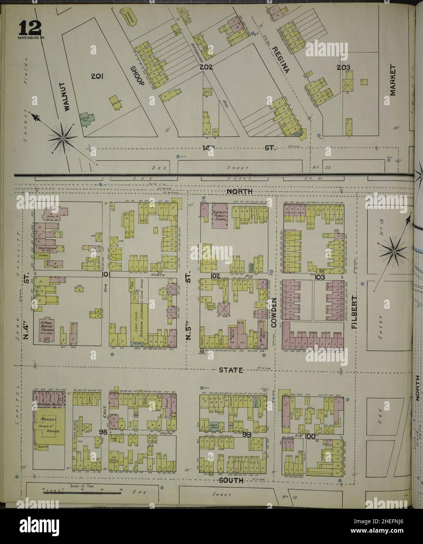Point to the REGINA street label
[281, 59]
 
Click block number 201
[96, 77]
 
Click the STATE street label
[231, 370]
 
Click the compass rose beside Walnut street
[63, 138]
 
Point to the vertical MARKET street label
[393, 80]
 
